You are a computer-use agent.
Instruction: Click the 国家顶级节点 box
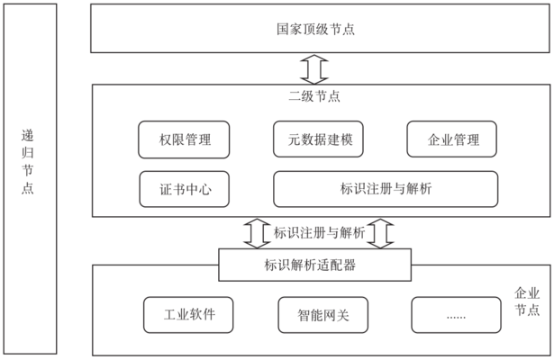point(320,28)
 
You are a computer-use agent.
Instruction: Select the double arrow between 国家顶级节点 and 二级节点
point(315,68)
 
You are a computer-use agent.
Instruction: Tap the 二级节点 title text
point(319,95)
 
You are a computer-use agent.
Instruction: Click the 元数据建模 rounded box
point(319,139)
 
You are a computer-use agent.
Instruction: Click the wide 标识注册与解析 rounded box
point(386,189)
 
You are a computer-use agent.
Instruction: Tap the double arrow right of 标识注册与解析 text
point(382,232)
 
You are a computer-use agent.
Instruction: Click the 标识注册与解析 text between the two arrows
point(319,232)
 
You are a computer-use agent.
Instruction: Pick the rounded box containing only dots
point(454,315)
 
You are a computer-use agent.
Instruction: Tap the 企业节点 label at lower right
point(526,301)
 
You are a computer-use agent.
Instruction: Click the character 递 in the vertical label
point(28,138)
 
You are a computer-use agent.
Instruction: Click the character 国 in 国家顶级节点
point(282,29)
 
